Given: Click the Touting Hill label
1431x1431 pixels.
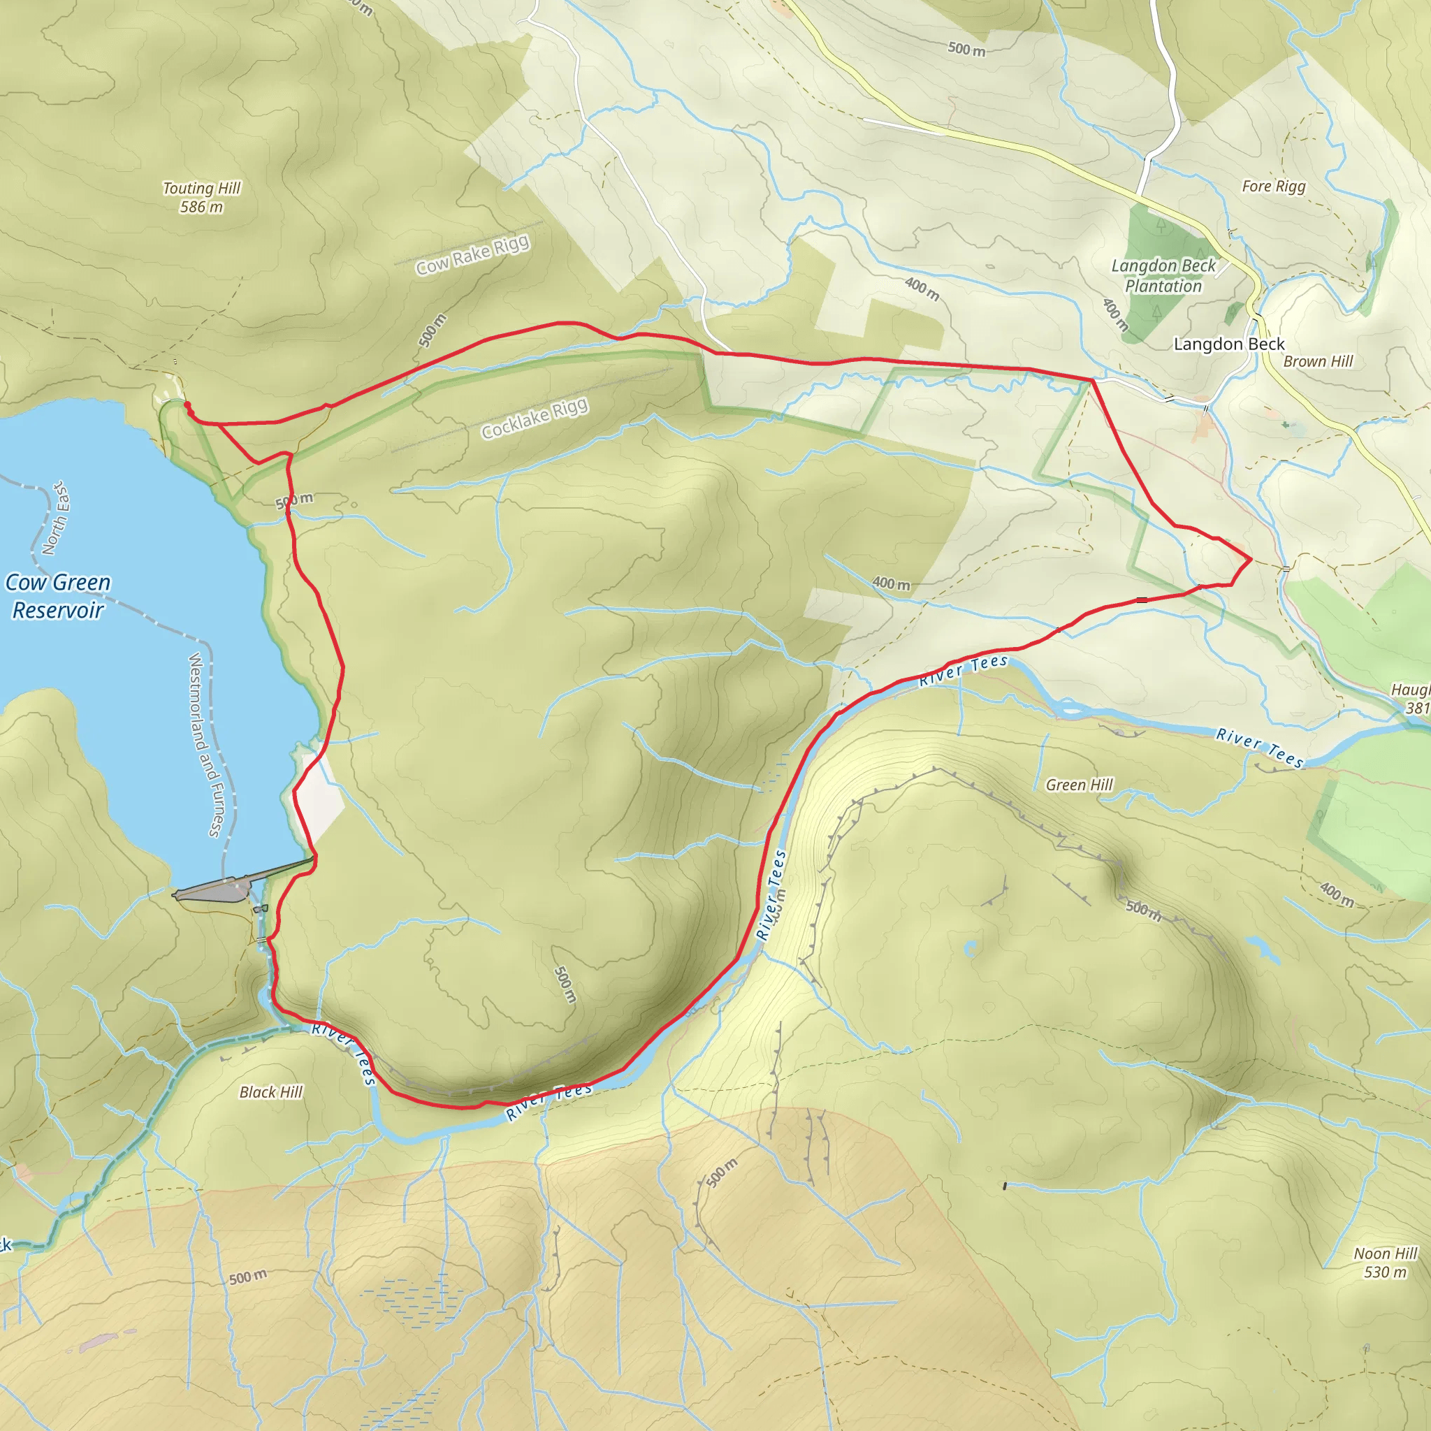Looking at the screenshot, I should pyautogui.click(x=201, y=188).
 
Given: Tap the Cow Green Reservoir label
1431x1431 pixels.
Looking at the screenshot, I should pyautogui.click(x=58, y=595).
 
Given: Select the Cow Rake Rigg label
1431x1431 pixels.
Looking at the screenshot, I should pyautogui.click(x=472, y=254).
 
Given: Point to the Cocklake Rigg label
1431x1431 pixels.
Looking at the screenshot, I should pyautogui.click(x=534, y=418).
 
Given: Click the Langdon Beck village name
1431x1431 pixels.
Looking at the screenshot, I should pyautogui.click(x=1229, y=344).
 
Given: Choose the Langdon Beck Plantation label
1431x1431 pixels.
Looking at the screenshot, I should pyautogui.click(x=1163, y=275).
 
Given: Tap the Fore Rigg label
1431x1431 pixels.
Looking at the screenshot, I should pyautogui.click(x=1273, y=186).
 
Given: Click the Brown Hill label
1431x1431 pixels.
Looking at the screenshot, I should pyautogui.click(x=1318, y=361).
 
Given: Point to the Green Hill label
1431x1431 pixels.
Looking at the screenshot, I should pyautogui.click(x=1079, y=785).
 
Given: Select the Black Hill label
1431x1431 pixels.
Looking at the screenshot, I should pyautogui.click(x=271, y=1092).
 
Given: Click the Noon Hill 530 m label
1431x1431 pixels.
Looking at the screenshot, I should pyautogui.click(x=1385, y=1262).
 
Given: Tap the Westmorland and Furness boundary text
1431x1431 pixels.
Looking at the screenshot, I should pyautogui.click(x=205, y=744).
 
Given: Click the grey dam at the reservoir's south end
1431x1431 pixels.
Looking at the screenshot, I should pyautogui.click(x=222, y=889).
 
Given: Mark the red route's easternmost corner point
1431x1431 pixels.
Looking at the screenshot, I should pyautogui.click(x=1251, y=560).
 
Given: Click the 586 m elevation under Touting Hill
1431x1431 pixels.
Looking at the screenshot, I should pyautogui.click(x=201, y=208).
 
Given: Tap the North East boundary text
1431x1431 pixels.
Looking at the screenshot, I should pyautogui.click(x=57, y=518).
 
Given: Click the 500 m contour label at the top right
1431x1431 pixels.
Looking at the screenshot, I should pyautogui.click(x=966, y=49).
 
